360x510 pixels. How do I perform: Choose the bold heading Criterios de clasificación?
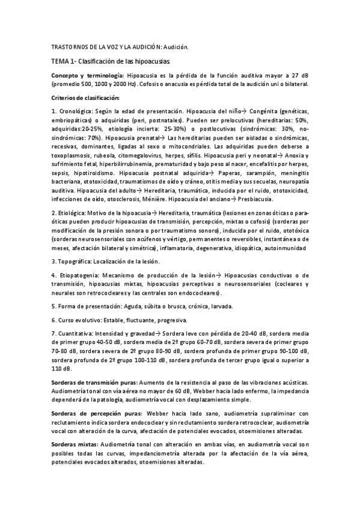tap(86, 97)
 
